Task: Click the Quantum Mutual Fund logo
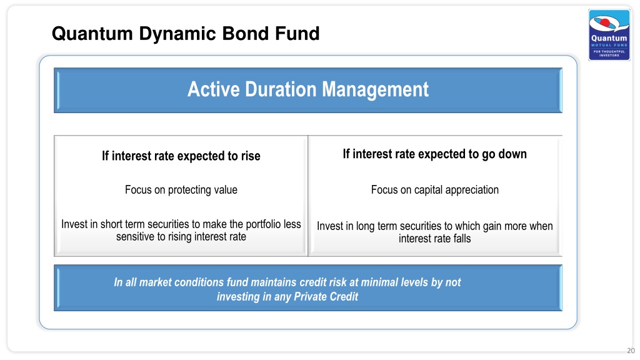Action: pos(609,35)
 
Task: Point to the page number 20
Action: pos(631,351)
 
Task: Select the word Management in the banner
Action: pos(375,90)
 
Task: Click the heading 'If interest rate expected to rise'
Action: pos(181,156)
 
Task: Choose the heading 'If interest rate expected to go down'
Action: pos(435,154)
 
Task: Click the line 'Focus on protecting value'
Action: pos(181,190)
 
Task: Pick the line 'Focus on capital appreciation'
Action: pos(435,190)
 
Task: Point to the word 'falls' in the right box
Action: pos(462,238)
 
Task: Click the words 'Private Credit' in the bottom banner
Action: pos(326,297)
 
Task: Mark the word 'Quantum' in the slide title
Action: pos(92,34)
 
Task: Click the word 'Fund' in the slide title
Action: pos(297,34)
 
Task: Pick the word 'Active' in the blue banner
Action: pos(214,89)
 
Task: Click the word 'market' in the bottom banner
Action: pos(155,282)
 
